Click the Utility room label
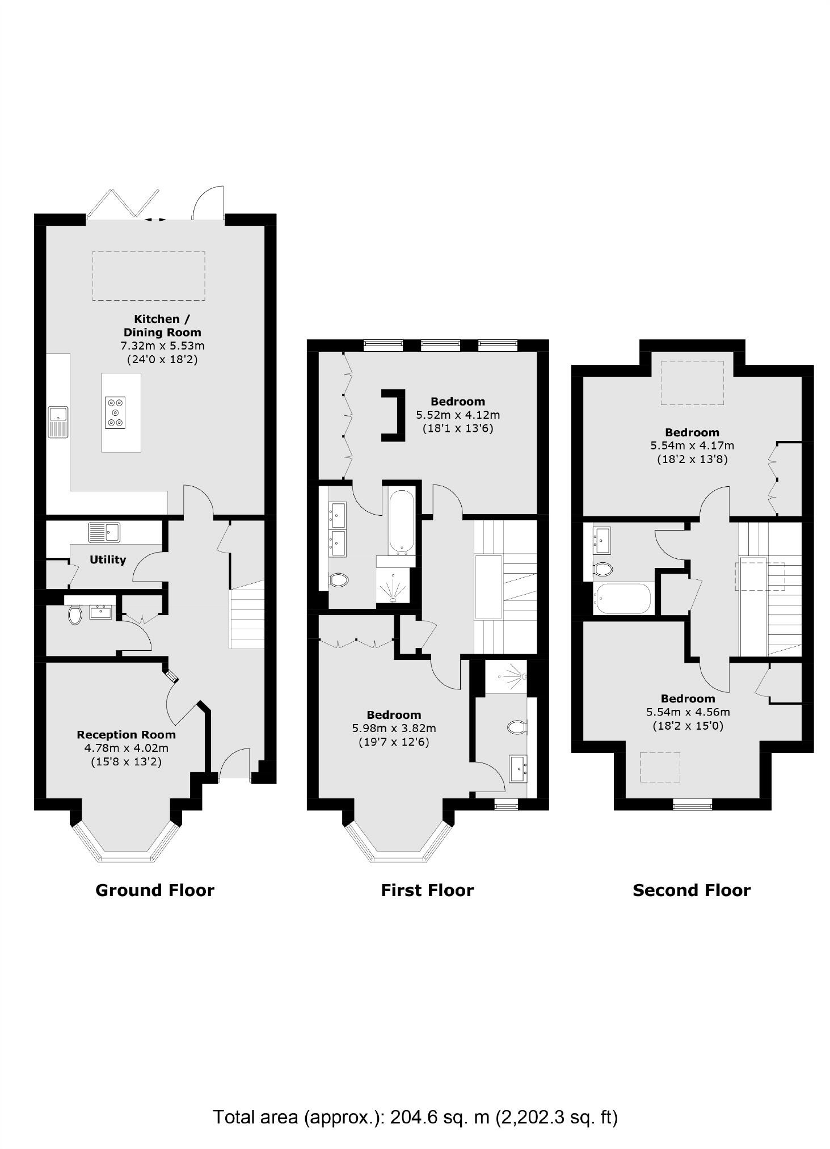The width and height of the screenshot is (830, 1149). (x=108, y=559)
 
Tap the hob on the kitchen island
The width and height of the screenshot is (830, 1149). (x=116, y=412)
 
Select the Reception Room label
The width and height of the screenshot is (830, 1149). (x=126, y=734)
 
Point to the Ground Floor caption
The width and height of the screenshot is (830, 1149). (x=154, y=890)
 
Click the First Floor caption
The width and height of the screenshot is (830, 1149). (x=427, y=890)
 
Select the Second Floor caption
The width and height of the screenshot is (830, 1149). (x=691, y=890)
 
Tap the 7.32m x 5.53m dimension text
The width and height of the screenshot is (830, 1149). (x=162, y=346)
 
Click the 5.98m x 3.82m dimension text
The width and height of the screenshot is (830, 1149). (x=393, y=728)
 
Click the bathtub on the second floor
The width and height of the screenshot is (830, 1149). (x=622, y=599)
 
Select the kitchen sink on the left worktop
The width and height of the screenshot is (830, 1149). (x=58, y=421)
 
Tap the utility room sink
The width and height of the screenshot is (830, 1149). (x=104, y=532)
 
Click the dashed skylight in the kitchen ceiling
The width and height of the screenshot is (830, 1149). (x=149, y=276)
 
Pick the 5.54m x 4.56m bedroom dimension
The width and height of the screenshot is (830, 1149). (x=688, y=712)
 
